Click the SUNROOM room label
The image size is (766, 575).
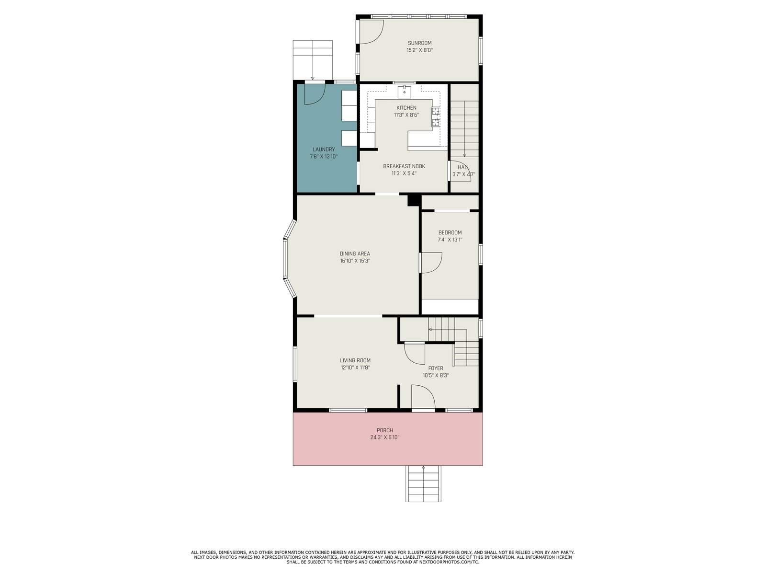click(x=419, y=43)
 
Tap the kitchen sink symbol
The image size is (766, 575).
click(x=405, y=92)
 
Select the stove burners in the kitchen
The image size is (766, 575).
click(x=436, y=116)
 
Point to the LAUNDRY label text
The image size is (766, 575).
click(x=324, y=149)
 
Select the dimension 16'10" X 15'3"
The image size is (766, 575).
click(x=355, y=261)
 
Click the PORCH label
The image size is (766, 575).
click(x=384, y=430)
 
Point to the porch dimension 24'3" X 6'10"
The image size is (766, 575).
click(x=384, y=437)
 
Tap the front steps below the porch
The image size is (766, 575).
click(x=423, y=483)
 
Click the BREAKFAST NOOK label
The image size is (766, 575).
click(x=404, y=166)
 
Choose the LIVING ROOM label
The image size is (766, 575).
click(x=355, y=360)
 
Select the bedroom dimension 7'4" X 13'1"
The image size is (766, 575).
click(x=450, y=240)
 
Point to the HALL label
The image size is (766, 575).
click(x=463, y=167)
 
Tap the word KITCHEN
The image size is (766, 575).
click(x=406, y=108)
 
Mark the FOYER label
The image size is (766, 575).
click(x=436, y=368)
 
